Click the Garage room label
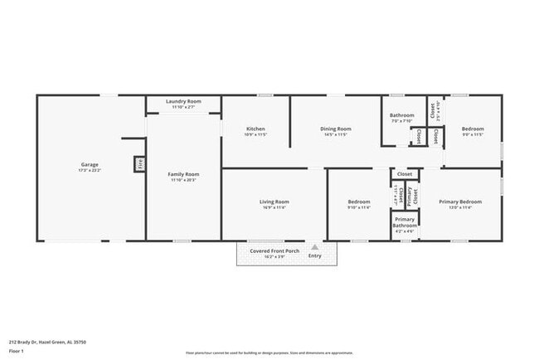pos(90,164)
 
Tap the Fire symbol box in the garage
pos(140,164)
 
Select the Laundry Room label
pos(182,101)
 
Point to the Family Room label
pos(182,173)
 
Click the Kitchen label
pos(255,129)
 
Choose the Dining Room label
pos(337,129)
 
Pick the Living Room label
pos(274,202)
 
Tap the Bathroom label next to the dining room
pos(402,115)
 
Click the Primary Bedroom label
pos(460,202)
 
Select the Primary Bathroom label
pos(405,221)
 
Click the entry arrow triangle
pos(314,246)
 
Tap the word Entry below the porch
pos(314,255)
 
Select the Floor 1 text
pos(16,351)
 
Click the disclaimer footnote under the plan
pos(269,352)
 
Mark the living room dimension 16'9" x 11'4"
pos(274,208)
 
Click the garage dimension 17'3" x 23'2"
pos(90,170)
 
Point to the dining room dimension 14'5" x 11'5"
pos(337,134)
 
